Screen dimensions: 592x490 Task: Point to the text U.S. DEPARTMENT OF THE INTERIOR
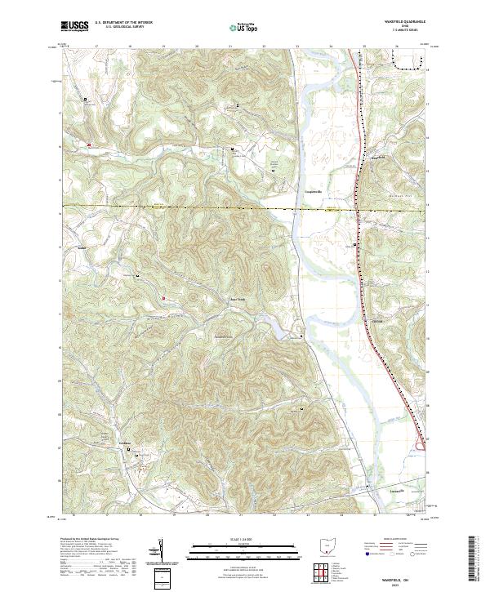pyautogui.click(x=124, y=23)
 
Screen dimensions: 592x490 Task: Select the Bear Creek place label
pyautogui.click(x=236, y=299)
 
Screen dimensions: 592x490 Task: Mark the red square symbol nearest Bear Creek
pyautogui.click(x=164, y=298)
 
